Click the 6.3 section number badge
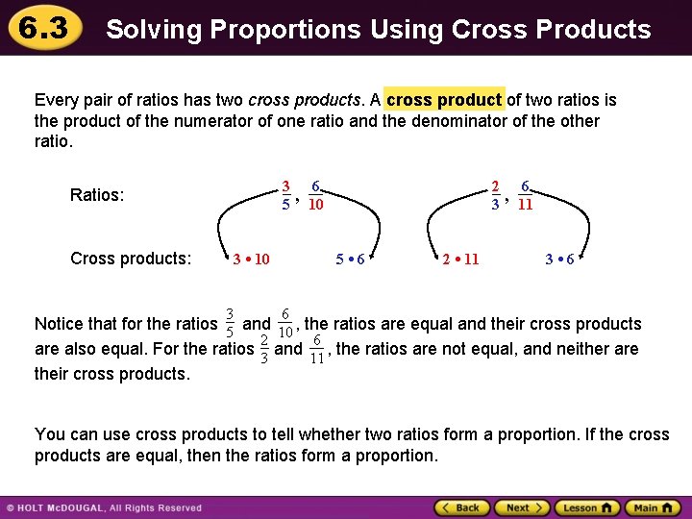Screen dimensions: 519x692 (39, 27)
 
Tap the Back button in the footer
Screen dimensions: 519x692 (462, 507)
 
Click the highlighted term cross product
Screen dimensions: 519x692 (444, 100)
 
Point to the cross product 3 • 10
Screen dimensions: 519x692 (252, 259)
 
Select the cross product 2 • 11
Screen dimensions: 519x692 (460, 259)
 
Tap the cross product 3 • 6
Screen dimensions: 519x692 (559, 259)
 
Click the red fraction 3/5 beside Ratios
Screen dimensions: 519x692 (285, 195)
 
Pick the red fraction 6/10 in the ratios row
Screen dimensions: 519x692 (316, 195)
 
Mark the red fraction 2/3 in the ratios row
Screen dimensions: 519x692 (494, 195)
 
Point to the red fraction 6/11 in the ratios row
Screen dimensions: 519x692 (525, 195)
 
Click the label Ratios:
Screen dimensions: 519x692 (97, 196)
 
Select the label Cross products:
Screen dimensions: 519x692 (131, 259)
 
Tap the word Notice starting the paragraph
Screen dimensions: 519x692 (59, 324)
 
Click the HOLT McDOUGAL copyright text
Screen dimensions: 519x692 (106, 507)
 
